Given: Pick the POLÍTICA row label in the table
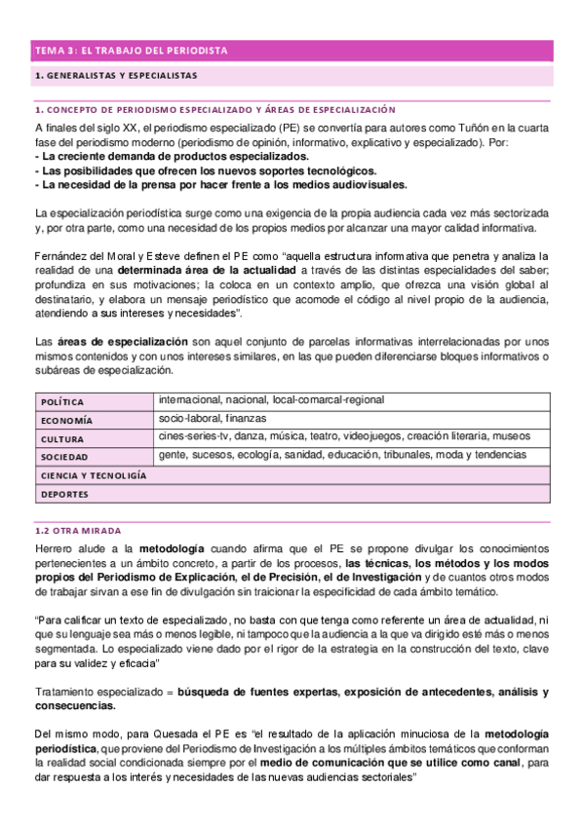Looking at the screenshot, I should (x=62, y=401).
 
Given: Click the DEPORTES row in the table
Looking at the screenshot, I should (x=64, y=494).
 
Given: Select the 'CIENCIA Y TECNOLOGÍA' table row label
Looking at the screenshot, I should (x=94, y=475).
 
